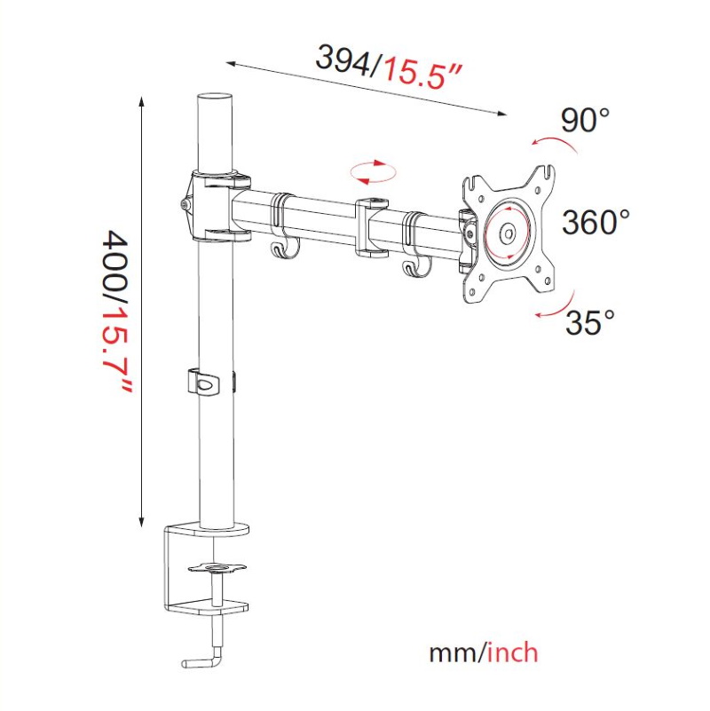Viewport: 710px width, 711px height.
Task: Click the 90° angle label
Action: [585, 120]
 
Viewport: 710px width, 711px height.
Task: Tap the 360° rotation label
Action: [596, 221]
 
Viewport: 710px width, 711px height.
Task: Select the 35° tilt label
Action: [590, 322]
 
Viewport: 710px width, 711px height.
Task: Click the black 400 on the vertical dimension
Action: [118, 258]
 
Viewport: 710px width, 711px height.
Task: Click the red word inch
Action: [513, 653]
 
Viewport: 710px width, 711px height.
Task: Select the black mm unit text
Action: [454, 654]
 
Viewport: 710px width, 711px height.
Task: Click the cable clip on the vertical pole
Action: [204, 383]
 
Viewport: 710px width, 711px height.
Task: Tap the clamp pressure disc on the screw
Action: [216, 565]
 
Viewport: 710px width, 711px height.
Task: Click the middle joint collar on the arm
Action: [373, 227]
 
